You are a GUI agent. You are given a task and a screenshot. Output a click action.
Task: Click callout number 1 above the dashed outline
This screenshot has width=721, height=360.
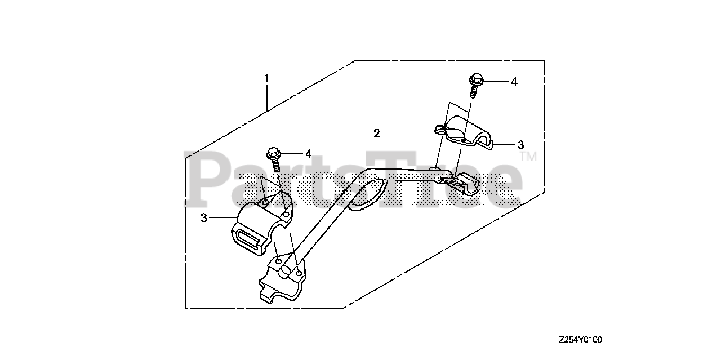[266, 77]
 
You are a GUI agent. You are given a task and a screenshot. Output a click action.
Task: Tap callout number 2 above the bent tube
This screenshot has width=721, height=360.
[376, 134]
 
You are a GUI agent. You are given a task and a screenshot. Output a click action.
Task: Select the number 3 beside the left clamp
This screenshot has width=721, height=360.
[204, 217]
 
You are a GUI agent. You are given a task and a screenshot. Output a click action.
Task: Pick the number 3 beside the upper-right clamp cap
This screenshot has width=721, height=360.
[520, 145]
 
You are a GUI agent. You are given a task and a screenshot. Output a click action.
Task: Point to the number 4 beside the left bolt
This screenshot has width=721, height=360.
[308, 153]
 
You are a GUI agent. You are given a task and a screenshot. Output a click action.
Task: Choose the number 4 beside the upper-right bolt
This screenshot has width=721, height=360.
[514, 82]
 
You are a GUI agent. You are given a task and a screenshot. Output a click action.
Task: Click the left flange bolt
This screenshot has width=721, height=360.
[275, 158]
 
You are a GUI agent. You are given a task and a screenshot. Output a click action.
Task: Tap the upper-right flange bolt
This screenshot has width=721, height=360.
[475, 85]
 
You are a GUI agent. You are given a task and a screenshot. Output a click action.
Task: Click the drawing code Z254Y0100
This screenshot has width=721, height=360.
[580, 340]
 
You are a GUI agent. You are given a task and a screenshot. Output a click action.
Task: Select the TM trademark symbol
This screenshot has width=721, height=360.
[528, 157]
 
